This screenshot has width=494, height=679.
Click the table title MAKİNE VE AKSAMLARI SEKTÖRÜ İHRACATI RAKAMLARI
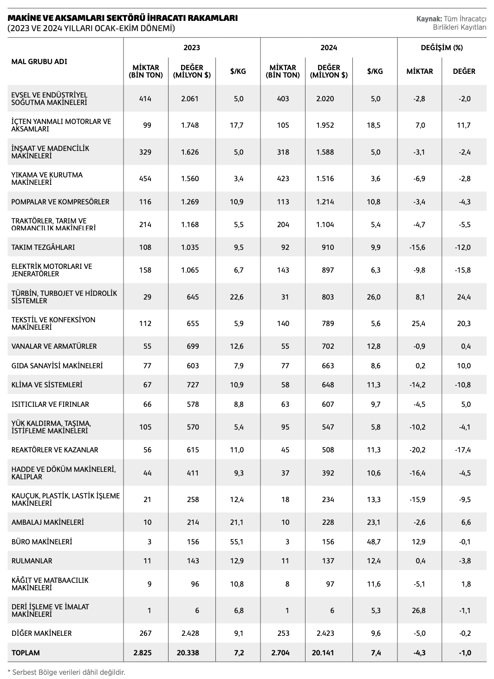click(123, 18)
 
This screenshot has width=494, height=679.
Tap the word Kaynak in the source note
click(429, 19)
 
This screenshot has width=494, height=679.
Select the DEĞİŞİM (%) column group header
click(442, 47)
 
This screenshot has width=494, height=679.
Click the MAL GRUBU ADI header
click(39, 61)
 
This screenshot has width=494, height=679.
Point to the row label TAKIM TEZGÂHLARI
click(43, 247)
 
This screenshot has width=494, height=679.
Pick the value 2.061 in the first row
click(190, 98)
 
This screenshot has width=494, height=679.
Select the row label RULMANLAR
click(32, 561)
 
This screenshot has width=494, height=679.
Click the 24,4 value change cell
click(464, 297)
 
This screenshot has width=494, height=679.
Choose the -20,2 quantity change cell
click(419, 450)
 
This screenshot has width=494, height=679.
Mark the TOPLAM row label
click(26, 653)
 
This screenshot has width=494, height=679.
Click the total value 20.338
click(188, 653)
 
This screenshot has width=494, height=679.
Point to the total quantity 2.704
click(280, 653)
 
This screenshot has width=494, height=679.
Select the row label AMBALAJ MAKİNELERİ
click(48, 522)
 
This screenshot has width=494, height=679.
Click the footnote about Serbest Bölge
click(66, 672)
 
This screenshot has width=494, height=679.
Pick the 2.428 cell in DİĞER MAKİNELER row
click(190, 633)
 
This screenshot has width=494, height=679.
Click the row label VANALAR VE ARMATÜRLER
click(54, 346)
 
